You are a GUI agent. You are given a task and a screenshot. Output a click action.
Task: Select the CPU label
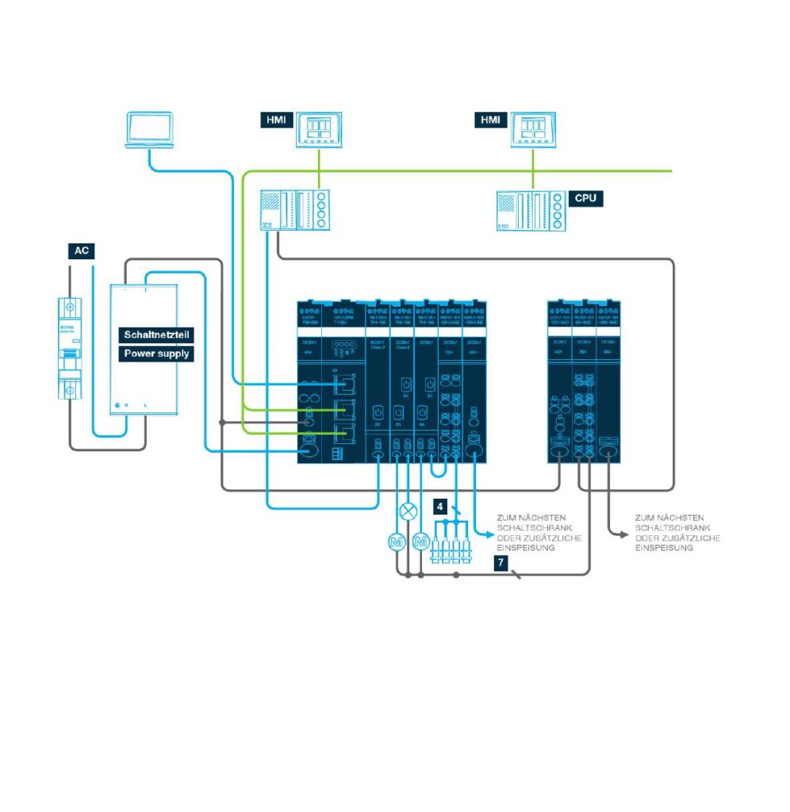click(x=585, y=197)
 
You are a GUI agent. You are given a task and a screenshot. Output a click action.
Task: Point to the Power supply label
click(x=155, y=354)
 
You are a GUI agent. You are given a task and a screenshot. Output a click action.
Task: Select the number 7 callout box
click(x=500, y=561)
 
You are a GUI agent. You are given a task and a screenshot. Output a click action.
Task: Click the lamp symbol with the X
click(x=408, y=510)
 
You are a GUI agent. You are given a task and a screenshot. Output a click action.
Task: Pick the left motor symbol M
click(x=395, y=542)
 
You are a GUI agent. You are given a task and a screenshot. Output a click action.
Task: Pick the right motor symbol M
click(x=421, y=542)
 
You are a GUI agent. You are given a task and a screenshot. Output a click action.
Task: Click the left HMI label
click(x=275, y=121)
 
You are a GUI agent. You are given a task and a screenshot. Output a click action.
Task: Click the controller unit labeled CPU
click(x=531, y=210)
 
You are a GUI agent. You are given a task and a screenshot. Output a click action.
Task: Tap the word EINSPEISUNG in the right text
click(x=667, y=548)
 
